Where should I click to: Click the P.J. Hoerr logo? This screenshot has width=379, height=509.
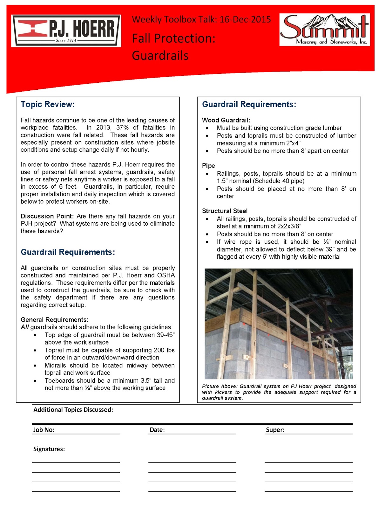click(66, 31)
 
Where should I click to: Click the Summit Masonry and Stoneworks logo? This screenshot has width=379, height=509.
click(324, 30)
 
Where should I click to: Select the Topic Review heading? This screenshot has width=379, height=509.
click(48, 104)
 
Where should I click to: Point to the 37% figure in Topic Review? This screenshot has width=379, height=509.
click(122, 128)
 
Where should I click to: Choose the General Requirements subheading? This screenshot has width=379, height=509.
click(54, 320)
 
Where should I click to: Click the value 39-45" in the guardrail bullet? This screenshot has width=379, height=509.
click(166, 335)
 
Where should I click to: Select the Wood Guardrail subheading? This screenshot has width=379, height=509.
click(226, 120)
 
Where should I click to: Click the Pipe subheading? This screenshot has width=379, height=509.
click(208, 166)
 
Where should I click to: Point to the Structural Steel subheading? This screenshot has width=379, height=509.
click(225, 211)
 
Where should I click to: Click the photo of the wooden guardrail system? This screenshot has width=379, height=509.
click(278, 324)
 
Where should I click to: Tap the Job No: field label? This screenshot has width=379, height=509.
click(44, 430)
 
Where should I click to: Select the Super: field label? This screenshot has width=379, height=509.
click(275, 430)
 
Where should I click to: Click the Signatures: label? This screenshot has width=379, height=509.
click(49, 449)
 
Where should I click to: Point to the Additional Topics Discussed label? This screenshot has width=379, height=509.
click(73, 410)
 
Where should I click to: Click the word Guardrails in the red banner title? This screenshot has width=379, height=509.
click(160, 56)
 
